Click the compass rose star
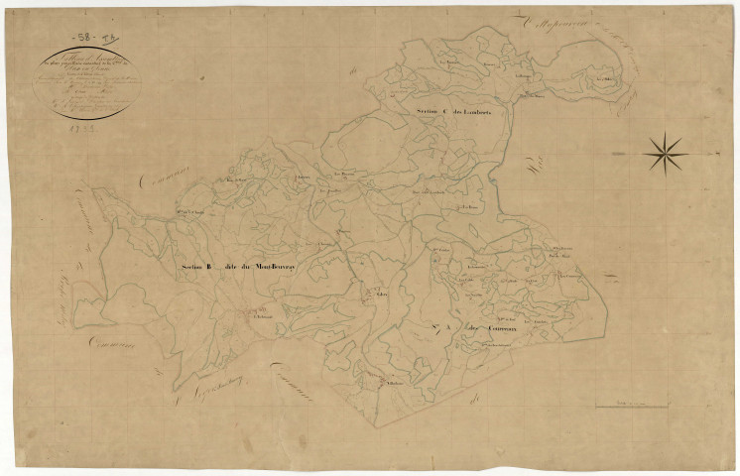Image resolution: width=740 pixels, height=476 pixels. [x=666, y=153]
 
